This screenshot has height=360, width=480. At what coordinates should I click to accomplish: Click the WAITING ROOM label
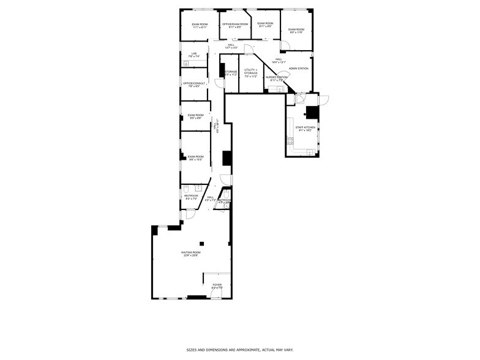click(x=190, y=252)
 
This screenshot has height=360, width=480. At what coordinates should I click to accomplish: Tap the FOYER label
click(x=217, y=285)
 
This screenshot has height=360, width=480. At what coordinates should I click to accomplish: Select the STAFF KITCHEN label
click(x=305, y=127)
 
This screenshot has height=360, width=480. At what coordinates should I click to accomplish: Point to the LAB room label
click(x=193, y=54)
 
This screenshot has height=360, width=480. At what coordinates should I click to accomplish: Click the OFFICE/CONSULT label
click(x=193, y=83)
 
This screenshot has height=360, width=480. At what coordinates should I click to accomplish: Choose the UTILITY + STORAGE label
click(x=250, y=70)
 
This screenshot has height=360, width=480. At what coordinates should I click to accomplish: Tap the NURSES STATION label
click(x=276, y=77)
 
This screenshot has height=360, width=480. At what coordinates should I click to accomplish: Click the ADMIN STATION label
click(x=298, y=69)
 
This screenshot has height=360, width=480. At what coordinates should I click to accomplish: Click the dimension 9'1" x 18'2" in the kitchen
click(x=305, y=130)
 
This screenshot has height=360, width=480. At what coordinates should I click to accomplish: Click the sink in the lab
click(x=185, y=63)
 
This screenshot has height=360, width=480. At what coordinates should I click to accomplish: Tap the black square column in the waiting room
click(x=200, y=244)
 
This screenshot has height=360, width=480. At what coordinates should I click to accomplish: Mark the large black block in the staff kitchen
click(x=312, y=112)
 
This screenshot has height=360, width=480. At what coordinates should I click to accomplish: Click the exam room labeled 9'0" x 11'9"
click(x=296, y=31)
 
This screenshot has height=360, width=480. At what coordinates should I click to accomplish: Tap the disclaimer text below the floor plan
click(x=240, y=350)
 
